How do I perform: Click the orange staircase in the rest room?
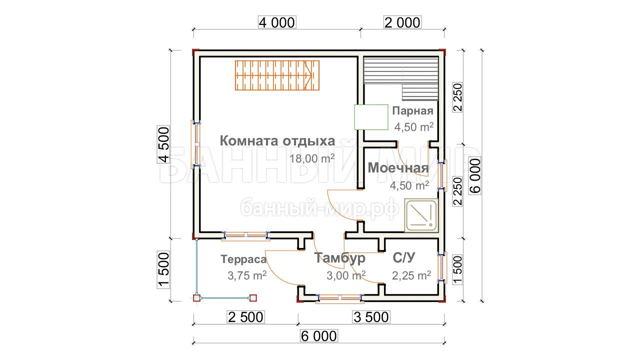[x=277, y=75]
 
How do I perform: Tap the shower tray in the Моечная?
[x=421, y=215]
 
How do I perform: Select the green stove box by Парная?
[x=371, y=117]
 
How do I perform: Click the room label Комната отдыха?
[x=277, y=141]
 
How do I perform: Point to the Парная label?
[x=412, y=111]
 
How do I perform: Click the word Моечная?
[x=398, y=167]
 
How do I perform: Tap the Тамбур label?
[x=339, y=257]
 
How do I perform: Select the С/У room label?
[x=403, y=257]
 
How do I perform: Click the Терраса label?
[x=243, y=259]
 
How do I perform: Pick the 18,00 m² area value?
[x=312, y=158]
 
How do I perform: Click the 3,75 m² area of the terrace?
[x=247, y=275]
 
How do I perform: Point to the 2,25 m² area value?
[x=411, y=275]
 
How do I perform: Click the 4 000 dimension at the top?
[x=277, y=22]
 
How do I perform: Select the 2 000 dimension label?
[x=402, y=22]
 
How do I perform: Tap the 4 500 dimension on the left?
[x=163, y=144]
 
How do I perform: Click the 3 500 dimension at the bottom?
[x=371, y=317]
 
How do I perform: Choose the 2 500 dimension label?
[x=245, y=317]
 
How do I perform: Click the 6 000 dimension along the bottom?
[x=319, y=336]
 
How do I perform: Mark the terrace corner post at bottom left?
[x=196, y=298]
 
